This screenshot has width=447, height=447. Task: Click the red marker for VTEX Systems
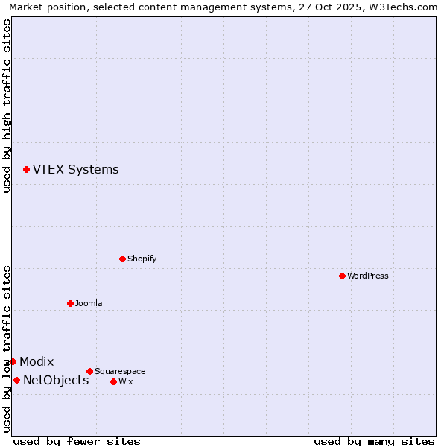[x=26, y=170]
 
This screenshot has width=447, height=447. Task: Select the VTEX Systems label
[x=75, y=170]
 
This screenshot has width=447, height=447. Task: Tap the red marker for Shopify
[x=122, y=259]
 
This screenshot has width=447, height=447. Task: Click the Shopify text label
[x=142, y=259]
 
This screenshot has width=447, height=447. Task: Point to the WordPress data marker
[x=342, y=276]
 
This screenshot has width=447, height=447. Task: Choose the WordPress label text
[x=367, y=276]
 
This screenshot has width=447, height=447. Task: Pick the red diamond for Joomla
[x=70, y=303]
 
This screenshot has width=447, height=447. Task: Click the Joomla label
[x=89, y=303]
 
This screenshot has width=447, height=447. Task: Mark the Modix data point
[x=13, y=361]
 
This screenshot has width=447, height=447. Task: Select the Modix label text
[x=37, y=362]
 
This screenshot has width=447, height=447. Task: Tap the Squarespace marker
[x=89, y=371]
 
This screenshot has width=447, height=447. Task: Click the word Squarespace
[x=120, y=371]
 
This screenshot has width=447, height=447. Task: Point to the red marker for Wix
[x=113, y=381]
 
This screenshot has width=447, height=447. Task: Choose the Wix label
[x=126, y=381]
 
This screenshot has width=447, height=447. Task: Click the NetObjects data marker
[x=16, y=380]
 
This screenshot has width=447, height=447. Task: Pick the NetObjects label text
[x=56, y=381]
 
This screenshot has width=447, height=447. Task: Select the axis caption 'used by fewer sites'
[x=77, y=441]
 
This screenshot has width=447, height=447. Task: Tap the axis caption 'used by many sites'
[x=374, y=441]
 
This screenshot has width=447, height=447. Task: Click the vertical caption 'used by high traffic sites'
[x=7, y=106]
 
